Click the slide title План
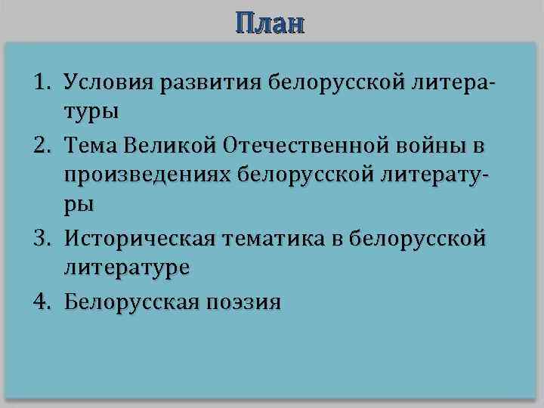coord(270,23)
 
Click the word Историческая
coord(138,240)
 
